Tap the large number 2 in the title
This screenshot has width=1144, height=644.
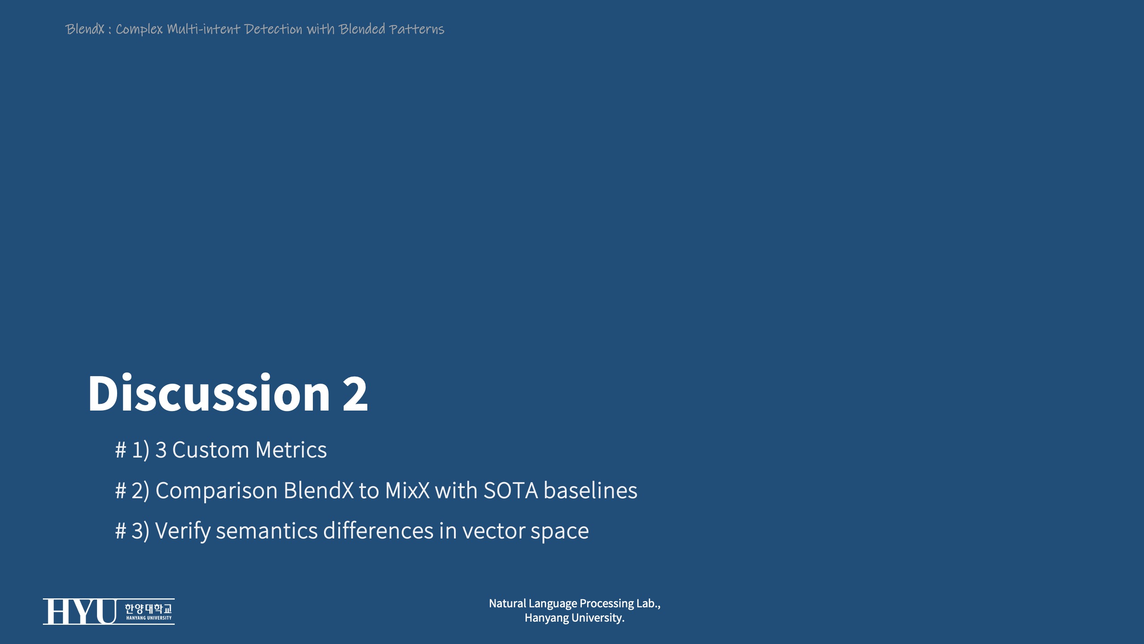(x=355, y=394)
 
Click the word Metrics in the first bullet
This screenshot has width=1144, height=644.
(x=291, y=449)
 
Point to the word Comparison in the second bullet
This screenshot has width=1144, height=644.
(x=216, y=491)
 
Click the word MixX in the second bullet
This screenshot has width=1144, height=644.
(x=407, y=490)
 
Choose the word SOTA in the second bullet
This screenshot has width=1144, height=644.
(x=511, y=490)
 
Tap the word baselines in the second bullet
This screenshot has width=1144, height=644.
(x=590, y=490)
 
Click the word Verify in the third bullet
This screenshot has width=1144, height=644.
(x=183, y=531)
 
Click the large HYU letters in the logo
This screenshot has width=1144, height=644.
(x=80, y=611)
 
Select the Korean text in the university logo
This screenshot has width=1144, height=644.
(x=148, y=609)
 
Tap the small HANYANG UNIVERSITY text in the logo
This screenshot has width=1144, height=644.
(x=149, y=618)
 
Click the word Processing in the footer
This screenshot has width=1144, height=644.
(x=606, y=604)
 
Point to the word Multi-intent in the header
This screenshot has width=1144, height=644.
(x=204, y=29)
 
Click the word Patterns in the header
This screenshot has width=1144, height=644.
(x=416, y=29)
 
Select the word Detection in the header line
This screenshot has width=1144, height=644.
(x=273, y=29)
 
